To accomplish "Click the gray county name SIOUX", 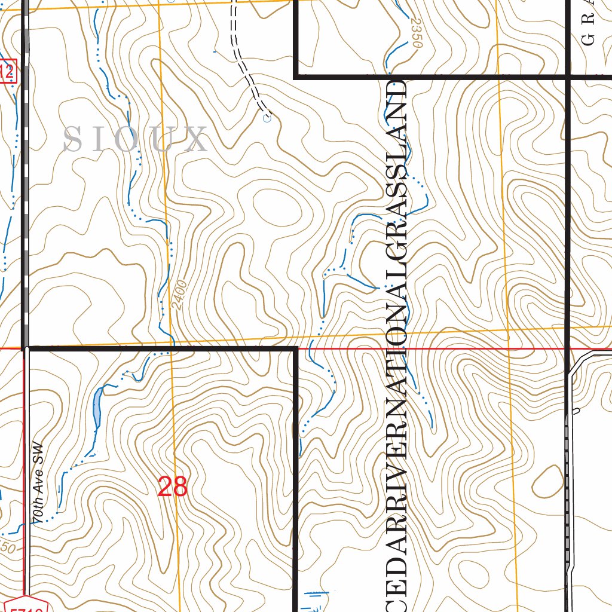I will pos(135,139).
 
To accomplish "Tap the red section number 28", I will pos(173,487).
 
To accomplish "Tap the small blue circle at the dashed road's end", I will pos(267,118).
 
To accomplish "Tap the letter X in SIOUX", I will pos(196,139).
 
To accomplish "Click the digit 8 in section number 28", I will pos(180,487).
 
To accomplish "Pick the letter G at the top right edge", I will pos(589,39).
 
